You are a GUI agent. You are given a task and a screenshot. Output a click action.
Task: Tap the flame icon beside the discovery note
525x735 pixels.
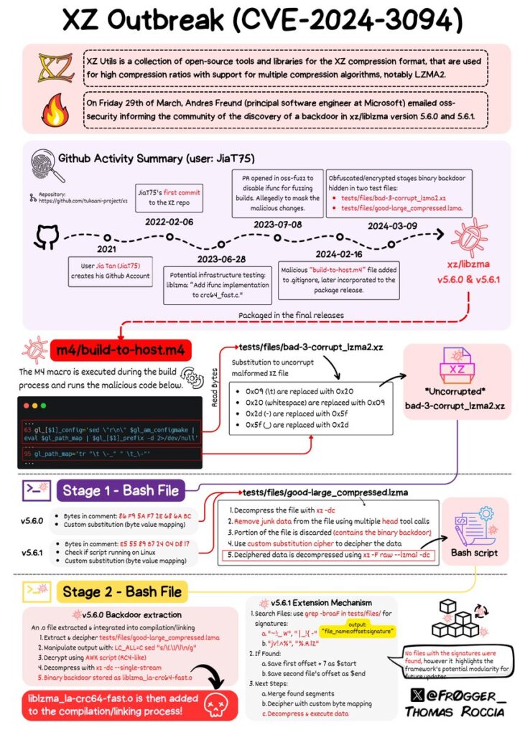click(55, 109)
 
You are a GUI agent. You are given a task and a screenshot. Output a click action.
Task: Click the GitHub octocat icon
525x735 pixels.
click(47, 238)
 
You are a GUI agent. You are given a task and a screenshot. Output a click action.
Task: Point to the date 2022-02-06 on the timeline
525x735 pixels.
click(169, 223)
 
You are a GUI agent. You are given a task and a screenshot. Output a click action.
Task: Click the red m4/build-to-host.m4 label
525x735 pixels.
click(121, 350)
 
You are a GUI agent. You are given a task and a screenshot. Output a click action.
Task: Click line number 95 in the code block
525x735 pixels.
click(28, 454)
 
